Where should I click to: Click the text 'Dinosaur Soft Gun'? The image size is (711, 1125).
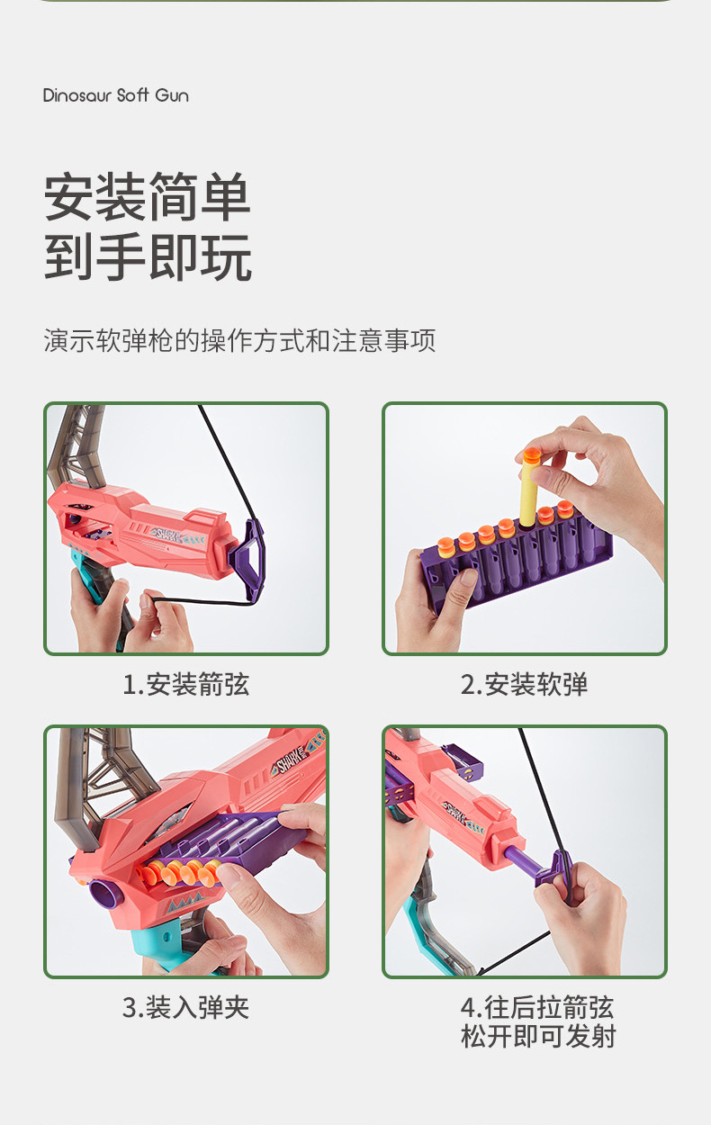click(x=116, y=94)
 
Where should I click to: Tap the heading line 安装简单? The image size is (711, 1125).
click(x=147, y=196)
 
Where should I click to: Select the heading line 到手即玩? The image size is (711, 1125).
click(x=148, y=257)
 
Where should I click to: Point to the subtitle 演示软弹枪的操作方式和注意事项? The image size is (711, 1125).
click(x=239, y=340)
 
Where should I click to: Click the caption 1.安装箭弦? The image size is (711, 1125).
click(x=185, y=684)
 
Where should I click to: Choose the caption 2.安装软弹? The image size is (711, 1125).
click(x=524, y=684)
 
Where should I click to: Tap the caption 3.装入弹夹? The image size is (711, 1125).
click(x=185, y=1007)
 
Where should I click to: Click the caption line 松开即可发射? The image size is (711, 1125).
click(x=538, y=1036)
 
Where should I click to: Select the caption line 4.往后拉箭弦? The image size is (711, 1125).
click(x=537, y=1007)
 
